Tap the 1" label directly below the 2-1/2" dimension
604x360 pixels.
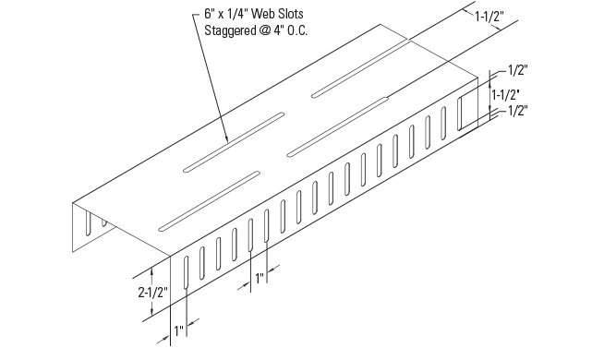click(178, 329)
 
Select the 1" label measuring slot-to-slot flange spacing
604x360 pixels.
click(260, 276)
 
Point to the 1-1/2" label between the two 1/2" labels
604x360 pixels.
click(505, 94)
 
